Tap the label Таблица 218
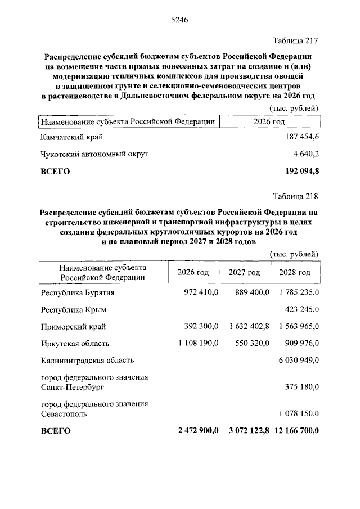pyautogui.click(x=295, y=196)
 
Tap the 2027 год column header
pyautogui.click(x=244, y=272)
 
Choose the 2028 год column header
pyautogui.click(x=295, y=272)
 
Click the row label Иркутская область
pyautogui.click(x=75, y=343)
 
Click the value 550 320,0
pyautogui.click(x=247, y=343)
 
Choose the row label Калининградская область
pyautogui.click(x=87, y=360)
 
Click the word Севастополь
pyautogui.click(x=64, y=414)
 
